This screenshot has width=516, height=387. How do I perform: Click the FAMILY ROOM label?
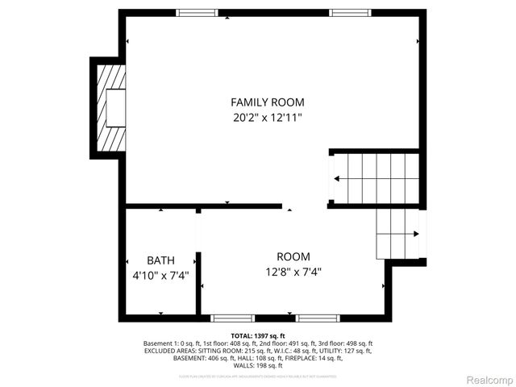point(268,102)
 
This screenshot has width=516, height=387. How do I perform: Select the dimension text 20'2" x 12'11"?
point(268,118)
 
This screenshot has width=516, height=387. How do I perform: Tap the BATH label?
point(160,260)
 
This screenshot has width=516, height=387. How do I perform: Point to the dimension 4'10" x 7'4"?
point(160,275)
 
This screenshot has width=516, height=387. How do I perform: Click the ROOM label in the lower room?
point(293,256)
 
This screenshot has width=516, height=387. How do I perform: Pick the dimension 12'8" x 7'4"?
point(293,272)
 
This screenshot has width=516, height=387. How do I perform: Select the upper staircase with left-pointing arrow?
point(375,178)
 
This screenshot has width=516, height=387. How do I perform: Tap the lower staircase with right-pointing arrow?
point(397,233)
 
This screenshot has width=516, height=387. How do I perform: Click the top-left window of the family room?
point(198,13)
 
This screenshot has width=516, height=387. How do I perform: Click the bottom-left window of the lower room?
point(232,318)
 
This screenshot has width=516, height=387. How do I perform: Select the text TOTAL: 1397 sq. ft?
point(258,335)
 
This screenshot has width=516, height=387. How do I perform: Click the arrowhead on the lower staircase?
point(415,234)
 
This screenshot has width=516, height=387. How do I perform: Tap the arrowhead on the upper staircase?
point(335,179)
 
